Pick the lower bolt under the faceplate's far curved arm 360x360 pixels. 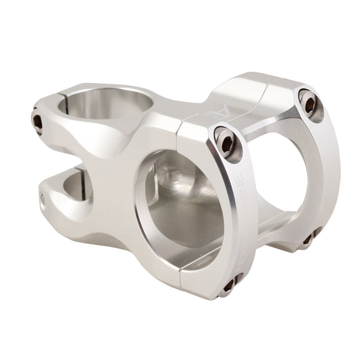point(309,237)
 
